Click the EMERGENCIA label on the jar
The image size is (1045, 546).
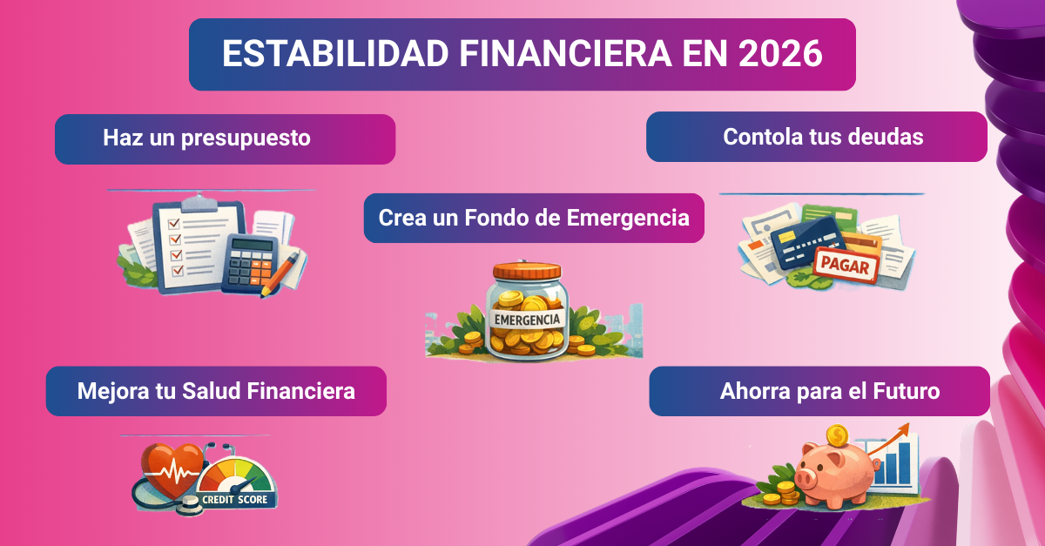coord(527,319)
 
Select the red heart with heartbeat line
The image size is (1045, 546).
coord(172,471)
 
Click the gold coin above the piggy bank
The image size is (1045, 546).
coord(837,435)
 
